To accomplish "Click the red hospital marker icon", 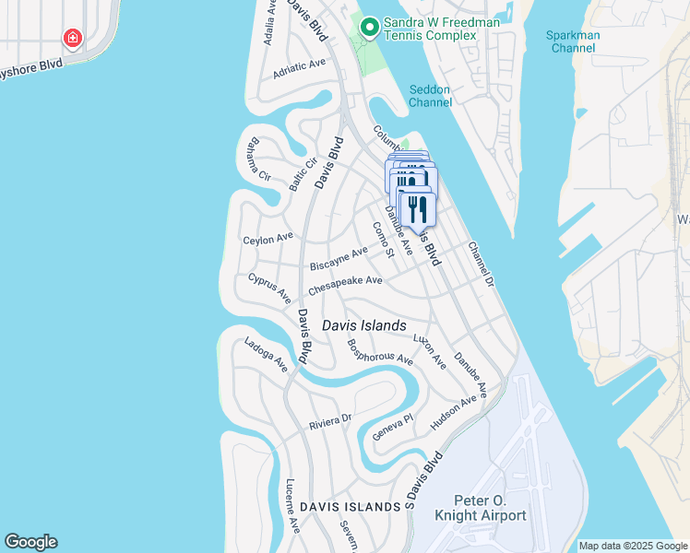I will click(72, 38).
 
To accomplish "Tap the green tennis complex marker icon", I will click(369, 27).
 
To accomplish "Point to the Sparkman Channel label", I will click(574, 41).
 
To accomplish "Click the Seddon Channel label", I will click(430, 96).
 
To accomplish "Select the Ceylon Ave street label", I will click(268, 239).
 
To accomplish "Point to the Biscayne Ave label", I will click(339, 259).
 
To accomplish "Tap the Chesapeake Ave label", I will click(345, 287).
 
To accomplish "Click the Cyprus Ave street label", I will click(269, 288).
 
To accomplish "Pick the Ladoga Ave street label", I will click(267, 355).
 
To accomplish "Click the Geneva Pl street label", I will click(392, 427).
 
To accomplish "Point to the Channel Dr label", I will click(481, 264).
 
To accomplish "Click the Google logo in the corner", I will click(30, 542).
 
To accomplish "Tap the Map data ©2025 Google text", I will click(632, 546).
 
